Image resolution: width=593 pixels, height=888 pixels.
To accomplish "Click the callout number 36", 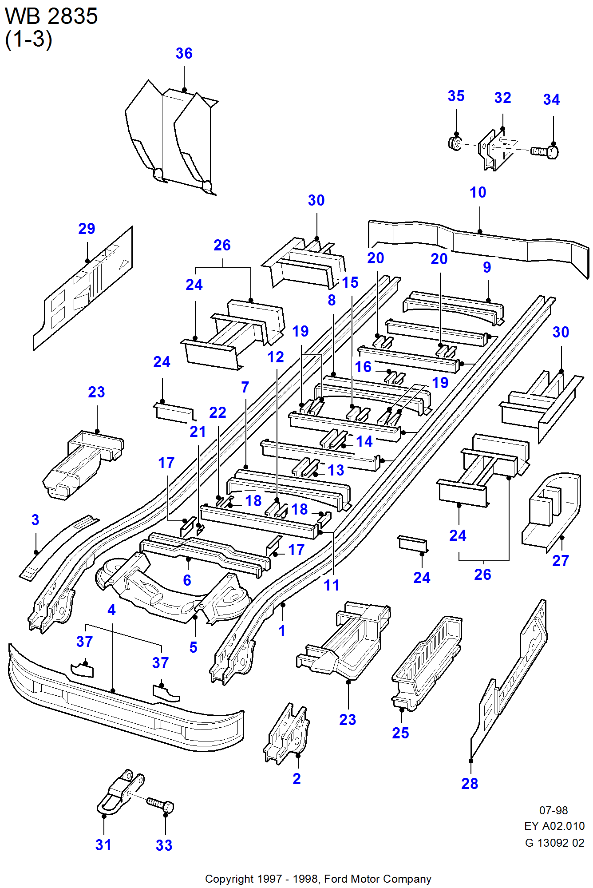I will click(x=184, y=54).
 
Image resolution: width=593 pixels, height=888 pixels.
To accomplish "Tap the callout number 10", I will click(x=478, y=193).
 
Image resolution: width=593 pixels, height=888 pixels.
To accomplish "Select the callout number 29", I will click(x=87, y=229).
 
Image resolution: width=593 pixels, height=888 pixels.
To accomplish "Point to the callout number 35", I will click(x=456, y=96).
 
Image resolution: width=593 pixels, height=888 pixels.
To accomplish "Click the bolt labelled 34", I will click(x=545, y=152).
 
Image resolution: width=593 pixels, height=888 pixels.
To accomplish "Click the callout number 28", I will click(x=470, y=784).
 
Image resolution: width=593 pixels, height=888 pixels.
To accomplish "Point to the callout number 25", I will click(x=400, y=733).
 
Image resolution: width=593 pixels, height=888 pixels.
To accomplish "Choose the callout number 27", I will click(x=561, y=561).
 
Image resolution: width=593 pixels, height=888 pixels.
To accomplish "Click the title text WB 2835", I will click(x=51, y=17).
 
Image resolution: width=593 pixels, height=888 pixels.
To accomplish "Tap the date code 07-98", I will click(x=553, y=810).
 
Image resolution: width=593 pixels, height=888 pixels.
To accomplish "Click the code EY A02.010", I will click(x=554, y=826).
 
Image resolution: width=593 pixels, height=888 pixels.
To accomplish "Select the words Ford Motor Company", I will click(x=378, y=879).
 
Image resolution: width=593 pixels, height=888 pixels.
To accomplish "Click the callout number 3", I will click(x=36, y=520).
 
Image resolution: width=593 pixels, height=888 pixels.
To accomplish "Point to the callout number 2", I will click(x=296, y=779).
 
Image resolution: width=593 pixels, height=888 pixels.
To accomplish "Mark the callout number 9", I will click(x=487, y=267).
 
